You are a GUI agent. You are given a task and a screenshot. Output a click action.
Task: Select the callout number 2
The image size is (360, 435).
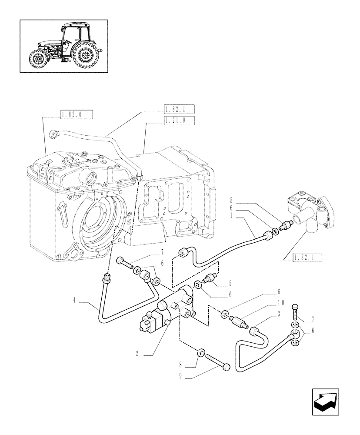[x=137, y=355]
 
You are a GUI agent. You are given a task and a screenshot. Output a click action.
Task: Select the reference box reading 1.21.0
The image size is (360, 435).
[x=179, y=120]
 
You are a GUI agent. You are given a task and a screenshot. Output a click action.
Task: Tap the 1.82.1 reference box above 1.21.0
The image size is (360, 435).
[x=179, y=109]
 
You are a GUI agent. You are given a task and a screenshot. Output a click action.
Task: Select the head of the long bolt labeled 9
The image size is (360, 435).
[x=226, y=368]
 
